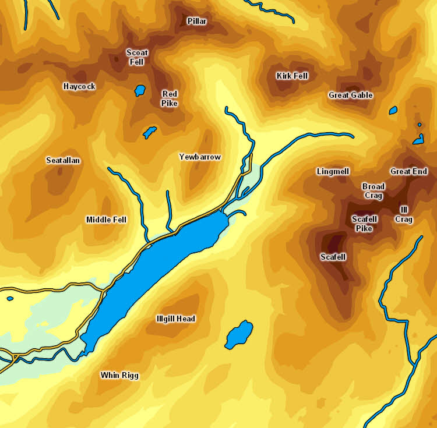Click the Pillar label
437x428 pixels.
click(197, 22)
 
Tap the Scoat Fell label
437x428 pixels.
click(137, 56)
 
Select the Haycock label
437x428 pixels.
click(79, 86)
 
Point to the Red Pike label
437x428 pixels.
click(170, 98)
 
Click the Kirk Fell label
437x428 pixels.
click(292, 76)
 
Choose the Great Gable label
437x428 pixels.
click(350, 95)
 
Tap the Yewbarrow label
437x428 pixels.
click(200, 157)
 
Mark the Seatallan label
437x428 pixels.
click(63, 160)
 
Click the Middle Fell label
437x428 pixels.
click(106, 220)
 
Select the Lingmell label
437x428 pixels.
click(333, 171)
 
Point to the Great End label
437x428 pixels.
click(408, 171)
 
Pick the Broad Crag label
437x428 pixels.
click(373, 191)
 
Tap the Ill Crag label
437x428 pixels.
click(404, 214)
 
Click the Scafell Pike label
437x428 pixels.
click(365, 224)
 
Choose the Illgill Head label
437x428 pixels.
click(176, 319)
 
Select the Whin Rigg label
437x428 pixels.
click(119, 375)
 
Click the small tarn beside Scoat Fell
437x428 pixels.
click(139, 90)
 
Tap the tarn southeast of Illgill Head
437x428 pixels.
click(238, 334)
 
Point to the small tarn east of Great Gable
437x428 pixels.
click(393, 110)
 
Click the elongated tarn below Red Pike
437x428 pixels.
click(150, 132)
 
